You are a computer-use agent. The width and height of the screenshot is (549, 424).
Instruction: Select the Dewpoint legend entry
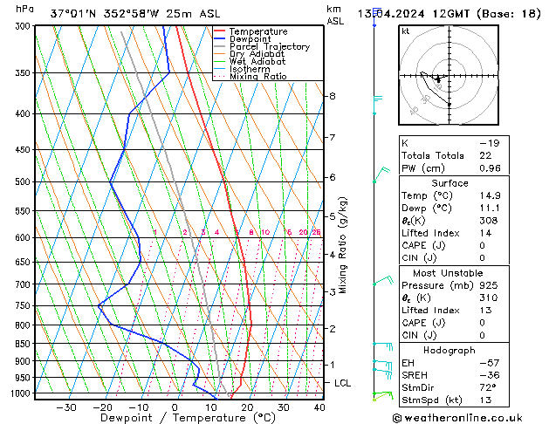[253, 39]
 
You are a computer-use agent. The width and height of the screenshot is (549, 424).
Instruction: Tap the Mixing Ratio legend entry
[258, 77]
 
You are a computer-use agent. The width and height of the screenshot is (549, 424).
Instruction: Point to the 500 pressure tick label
[19, 181]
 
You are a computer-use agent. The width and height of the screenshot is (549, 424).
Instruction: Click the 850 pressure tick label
[19, 344]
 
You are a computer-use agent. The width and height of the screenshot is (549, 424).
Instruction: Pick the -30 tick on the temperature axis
[65, 407]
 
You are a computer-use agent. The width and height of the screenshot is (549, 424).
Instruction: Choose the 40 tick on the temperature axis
[319, 407]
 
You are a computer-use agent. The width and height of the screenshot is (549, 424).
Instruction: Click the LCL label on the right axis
[343, 383]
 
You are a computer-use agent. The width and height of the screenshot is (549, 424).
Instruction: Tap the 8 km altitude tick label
[333, 96]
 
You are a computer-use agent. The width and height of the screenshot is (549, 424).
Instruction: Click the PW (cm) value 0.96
[491, 168]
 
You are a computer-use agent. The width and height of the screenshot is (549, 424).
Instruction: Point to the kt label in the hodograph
[406, 31]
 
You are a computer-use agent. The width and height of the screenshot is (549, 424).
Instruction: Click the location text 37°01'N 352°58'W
[98, 13]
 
